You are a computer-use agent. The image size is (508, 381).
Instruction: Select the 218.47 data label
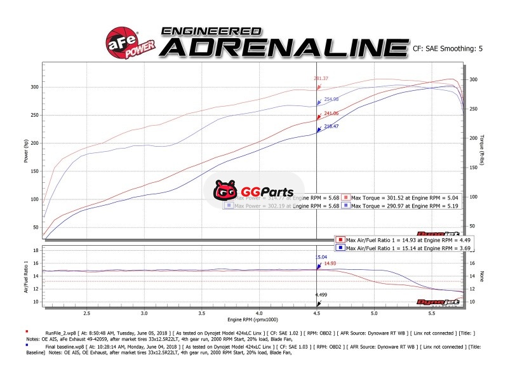click(x=332, y=127)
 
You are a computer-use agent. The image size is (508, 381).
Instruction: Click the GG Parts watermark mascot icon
click(x=225, y=190)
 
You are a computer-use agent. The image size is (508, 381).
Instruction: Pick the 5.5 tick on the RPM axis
click(x=432, y=313)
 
